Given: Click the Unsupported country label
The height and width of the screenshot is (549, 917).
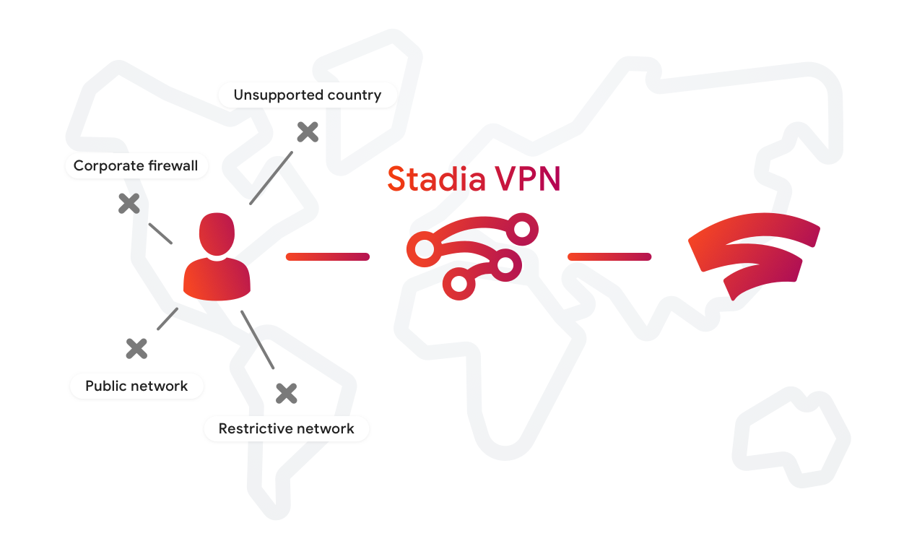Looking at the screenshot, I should point(307,95).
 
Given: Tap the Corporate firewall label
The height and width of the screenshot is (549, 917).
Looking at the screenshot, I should point(136,166).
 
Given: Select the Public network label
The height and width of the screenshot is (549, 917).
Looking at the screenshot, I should point(136,386).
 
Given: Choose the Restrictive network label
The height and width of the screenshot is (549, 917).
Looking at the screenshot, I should point(286,428).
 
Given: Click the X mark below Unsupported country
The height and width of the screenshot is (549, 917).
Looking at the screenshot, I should point(308,131).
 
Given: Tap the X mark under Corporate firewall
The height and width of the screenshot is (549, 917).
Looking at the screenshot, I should point(129,204).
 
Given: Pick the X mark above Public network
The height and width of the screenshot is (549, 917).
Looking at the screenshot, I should point(136,349).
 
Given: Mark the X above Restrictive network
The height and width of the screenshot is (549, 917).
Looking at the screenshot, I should point(287,393).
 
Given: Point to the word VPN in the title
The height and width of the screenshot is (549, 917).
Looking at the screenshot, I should point(527,178).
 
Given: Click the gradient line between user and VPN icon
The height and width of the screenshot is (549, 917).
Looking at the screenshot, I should point(328,256).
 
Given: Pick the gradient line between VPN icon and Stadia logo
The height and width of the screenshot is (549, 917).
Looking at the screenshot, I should point(609,256).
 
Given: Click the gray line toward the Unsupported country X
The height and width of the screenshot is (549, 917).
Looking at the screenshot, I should point(271,178).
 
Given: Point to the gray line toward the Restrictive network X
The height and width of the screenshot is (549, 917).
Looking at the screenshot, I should point(257,340).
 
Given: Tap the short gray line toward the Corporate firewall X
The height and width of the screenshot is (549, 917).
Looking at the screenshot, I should point(160,233).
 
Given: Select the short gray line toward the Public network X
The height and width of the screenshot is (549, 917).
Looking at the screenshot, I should point(168,319).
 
